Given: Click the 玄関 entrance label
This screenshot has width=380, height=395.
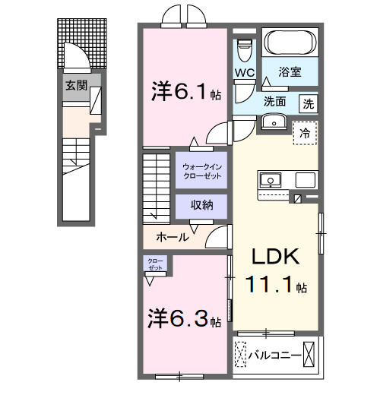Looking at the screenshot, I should [x=74, y=85].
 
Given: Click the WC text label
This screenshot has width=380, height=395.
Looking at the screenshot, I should [x=244, y=74].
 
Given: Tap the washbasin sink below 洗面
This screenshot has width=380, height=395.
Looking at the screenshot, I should [x=272, y=122].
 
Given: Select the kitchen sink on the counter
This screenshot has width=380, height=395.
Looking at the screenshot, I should [x=271, y=181].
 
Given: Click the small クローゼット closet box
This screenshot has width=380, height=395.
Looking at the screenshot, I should [x=155, y=265].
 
